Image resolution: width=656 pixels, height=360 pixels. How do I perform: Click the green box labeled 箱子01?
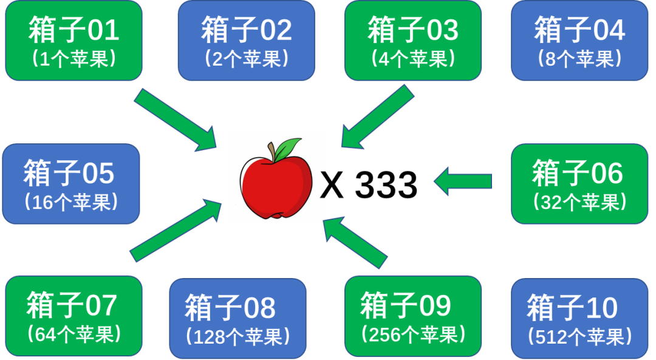(x=74, y=41)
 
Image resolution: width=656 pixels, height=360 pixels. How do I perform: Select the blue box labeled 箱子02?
(x=246, y=41)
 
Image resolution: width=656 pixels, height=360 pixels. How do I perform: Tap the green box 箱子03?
(x=413, y=41)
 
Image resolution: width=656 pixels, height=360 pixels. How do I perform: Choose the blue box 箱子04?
(x=579, y=41)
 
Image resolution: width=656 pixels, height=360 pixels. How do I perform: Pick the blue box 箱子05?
(x=70, y=183)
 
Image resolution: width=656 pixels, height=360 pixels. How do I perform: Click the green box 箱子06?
(x=578, y=183)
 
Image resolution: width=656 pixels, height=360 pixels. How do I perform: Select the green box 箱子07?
(x=73, y=316)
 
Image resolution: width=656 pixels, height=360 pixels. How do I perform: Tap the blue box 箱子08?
(x=237, y=318)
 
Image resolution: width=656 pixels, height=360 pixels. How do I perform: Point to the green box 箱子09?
(x=413, y=316)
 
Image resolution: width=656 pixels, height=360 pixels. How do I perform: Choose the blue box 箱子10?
(x=579, y=318)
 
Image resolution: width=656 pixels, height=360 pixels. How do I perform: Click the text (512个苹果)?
(x=579, y=336)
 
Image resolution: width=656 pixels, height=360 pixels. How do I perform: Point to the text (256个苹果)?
(x=413, y=335)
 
